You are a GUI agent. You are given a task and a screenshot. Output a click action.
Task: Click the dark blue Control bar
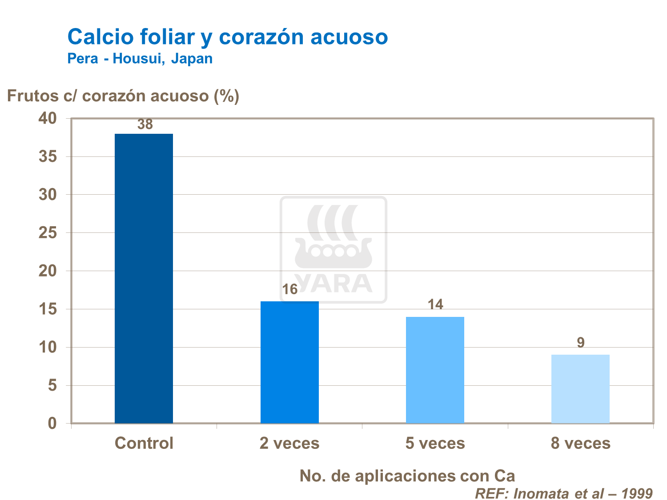[144, 278]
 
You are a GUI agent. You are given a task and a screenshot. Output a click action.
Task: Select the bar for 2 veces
[289, 362]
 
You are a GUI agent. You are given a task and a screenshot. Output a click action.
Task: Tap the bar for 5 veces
[435, 370]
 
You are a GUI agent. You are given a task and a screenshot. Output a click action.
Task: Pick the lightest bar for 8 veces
[580, 388]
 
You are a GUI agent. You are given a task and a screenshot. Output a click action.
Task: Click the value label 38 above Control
[145, 124]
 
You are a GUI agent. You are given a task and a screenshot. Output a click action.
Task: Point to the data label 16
[290, 290]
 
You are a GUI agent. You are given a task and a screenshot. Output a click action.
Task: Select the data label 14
[435, 304]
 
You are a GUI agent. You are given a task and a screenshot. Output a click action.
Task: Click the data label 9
[581, 343]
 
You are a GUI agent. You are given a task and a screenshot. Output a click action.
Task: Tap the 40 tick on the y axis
[48, 118]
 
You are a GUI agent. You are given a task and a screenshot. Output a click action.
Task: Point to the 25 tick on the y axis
[48, 232]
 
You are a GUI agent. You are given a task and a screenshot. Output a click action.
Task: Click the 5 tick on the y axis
[52, 385]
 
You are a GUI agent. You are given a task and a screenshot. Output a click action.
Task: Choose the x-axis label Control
[144, 443]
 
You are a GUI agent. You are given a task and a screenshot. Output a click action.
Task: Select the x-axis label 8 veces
[581, 443]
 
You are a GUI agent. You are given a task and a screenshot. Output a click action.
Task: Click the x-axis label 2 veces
[289, 443]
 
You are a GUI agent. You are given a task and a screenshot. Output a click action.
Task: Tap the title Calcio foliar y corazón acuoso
[228, 36]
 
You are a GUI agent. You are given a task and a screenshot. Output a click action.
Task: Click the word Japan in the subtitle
[192, 59]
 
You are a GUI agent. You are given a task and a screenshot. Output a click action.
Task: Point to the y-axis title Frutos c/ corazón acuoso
[123, 96]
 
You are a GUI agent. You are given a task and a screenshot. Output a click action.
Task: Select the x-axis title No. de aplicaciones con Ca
[407, 476]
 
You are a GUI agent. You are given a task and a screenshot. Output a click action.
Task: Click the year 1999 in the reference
[637, 493]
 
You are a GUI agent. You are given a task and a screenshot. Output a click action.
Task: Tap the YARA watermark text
[333, 283]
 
